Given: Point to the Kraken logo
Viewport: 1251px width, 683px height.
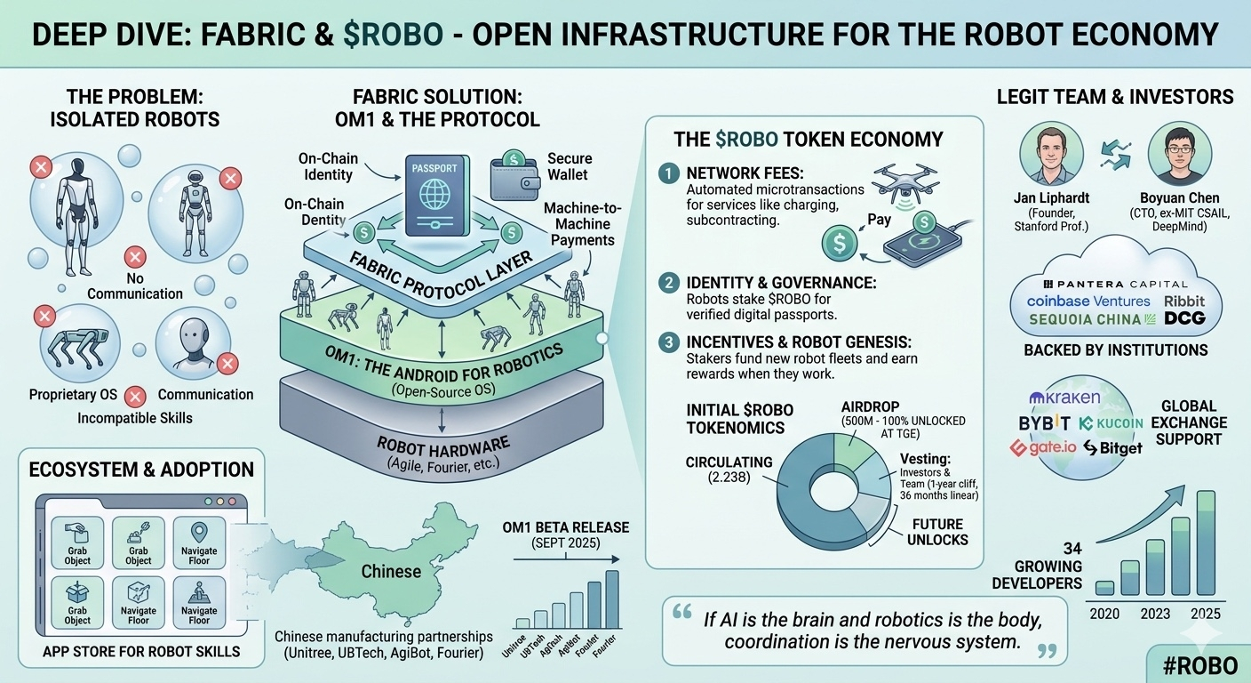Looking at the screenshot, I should coord(1064,397).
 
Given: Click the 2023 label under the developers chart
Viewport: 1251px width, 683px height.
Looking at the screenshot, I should coord(1156,614).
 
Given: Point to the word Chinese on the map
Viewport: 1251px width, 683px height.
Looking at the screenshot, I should coord(391,570).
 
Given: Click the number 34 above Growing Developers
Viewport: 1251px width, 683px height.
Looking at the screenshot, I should coord(1072,549).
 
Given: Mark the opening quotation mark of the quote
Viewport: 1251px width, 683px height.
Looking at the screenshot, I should coord(682,613).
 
